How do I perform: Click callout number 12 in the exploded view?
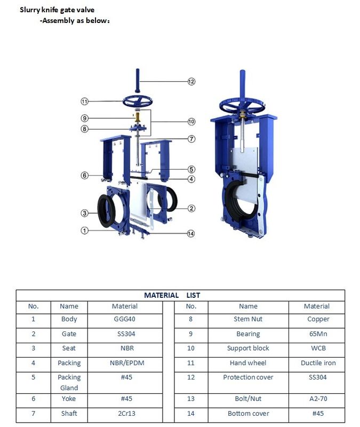tap(191, 82)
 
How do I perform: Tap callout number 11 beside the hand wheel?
tap(84, 101)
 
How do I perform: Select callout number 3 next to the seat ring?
tap(84, 213)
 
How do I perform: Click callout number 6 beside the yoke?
tap(84, 175)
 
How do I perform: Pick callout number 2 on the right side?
tap(191, 208)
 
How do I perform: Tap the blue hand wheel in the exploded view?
tap(137, 100)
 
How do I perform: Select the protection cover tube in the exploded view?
tap(138, 80)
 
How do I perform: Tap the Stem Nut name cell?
tap(248, 319)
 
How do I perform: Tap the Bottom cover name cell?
tap(248, 413)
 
